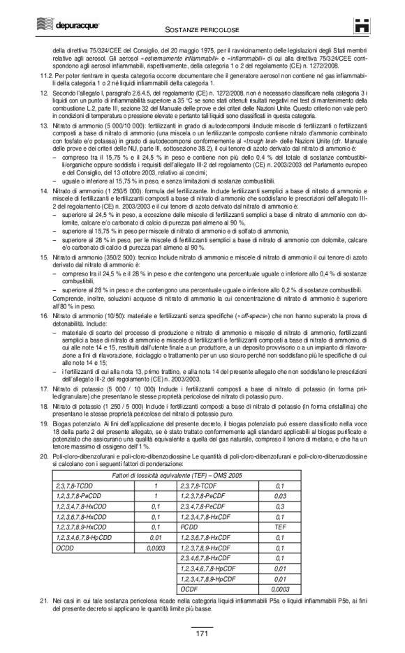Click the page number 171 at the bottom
click(x=202, y=633)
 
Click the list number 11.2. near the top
click(x=44, y=72)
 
